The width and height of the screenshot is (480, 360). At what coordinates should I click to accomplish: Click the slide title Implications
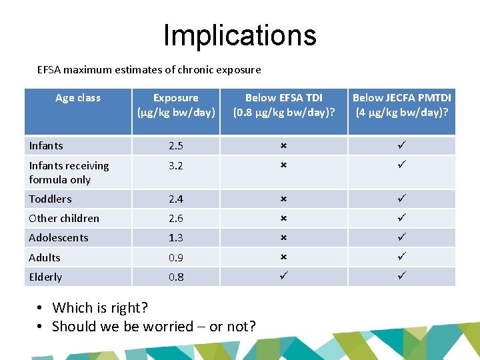(240, 35)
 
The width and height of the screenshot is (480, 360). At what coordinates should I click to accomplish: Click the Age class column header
(78, 98)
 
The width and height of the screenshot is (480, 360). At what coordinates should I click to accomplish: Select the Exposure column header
(176, 105)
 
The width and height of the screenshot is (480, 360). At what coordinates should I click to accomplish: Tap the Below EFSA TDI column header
(283, 105)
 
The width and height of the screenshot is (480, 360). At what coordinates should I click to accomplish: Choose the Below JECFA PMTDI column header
(401, 105)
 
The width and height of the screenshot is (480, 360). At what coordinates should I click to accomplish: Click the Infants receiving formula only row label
(69, 172)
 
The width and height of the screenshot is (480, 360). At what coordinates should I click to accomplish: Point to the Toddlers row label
(50, 199)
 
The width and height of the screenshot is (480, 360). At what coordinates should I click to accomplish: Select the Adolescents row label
(59, 237)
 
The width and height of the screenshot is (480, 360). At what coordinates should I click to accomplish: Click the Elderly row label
(45, 277)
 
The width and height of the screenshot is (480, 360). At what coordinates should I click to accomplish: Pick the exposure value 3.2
(176, 165)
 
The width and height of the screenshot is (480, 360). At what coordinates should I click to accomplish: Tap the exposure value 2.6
(176, 218)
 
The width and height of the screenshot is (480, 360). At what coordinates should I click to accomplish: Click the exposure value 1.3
(176, 237)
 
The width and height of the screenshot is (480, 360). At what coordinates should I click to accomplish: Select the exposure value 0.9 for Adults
(176, 257)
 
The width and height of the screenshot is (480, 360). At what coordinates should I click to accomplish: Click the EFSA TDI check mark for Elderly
(283, 276)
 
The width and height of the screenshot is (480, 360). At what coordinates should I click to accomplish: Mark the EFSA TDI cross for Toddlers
(283, 199)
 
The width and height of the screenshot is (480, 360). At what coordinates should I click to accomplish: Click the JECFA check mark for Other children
(401, 217)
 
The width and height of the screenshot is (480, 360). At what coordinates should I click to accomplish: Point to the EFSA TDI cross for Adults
(283, 257)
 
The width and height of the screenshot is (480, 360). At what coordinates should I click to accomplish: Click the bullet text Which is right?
(100, 308)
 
